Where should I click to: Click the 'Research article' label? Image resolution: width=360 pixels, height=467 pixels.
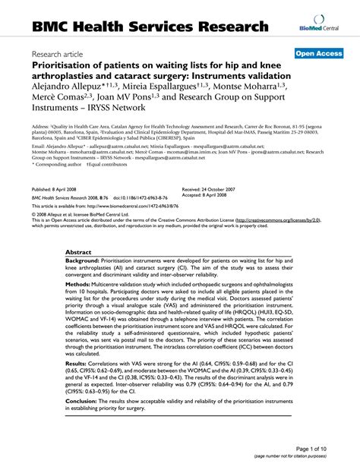[x=63, y=55]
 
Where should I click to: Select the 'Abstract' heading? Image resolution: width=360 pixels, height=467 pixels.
[x=79, y=251]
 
